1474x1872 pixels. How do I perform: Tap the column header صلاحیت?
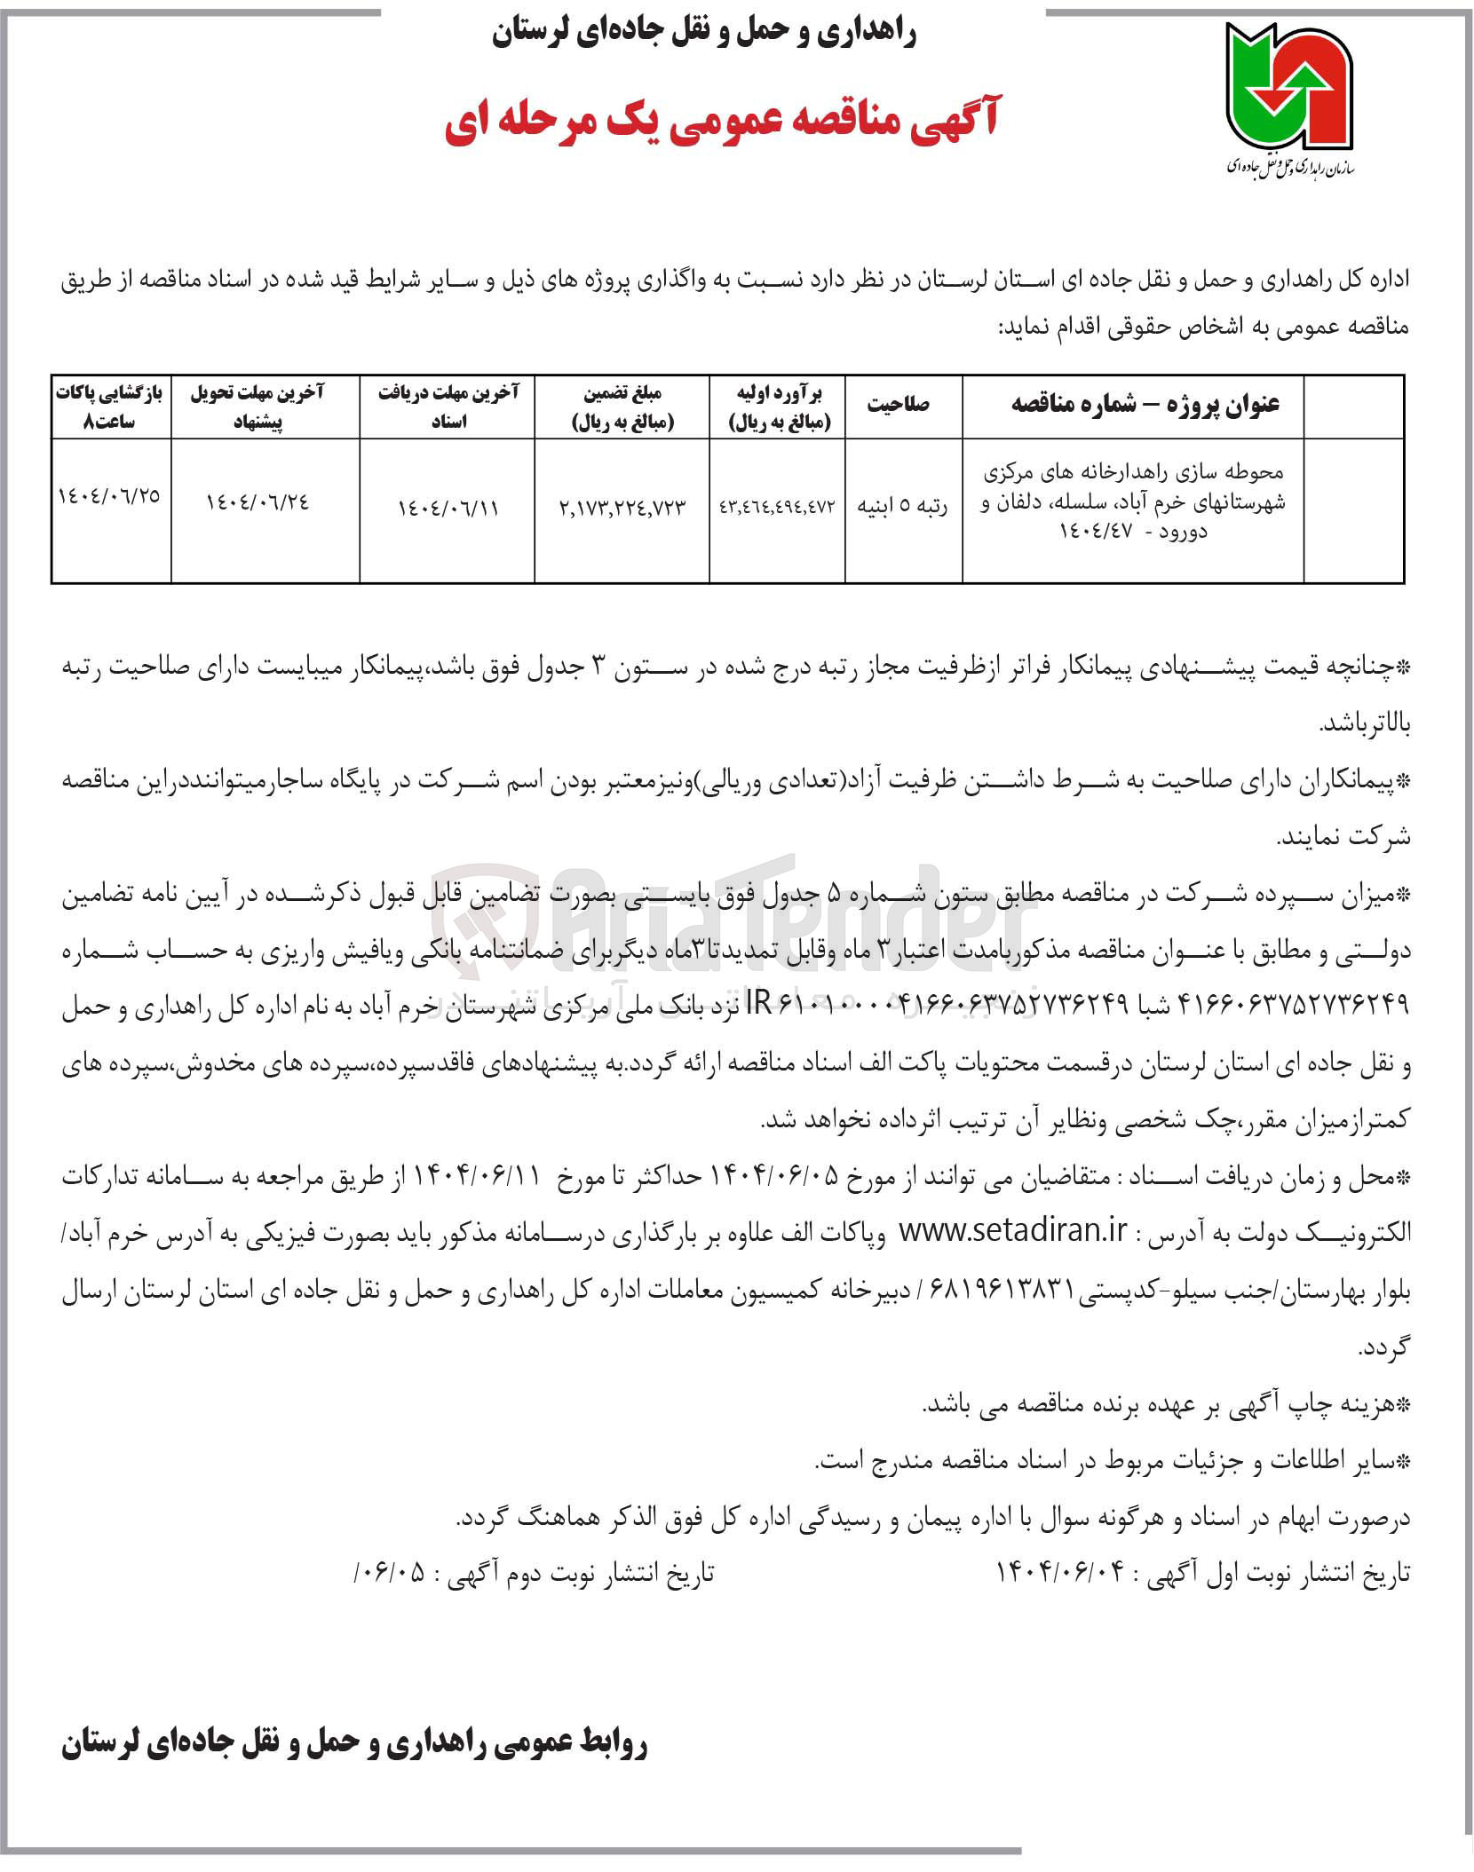pyautogui.click(x=902, y=405)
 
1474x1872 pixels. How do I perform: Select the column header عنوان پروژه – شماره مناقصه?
pyautogui.click(x=1145, y=405)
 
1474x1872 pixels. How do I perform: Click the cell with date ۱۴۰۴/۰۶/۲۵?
pyautogui.click(x=110, y=494)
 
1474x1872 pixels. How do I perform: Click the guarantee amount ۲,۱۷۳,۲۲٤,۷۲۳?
pyautogui.click(x=623, y=507)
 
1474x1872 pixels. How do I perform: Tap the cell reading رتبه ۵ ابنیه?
pyautogui.click(x=902, y=507)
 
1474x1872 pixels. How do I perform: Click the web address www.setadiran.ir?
pyautogui.click(x=1013, y=1232)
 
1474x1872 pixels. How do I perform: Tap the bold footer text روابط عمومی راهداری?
pyautogui.click(x=355, y=1745)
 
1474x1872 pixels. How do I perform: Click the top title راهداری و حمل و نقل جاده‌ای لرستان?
pyautogui.click(x=703, y=34)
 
